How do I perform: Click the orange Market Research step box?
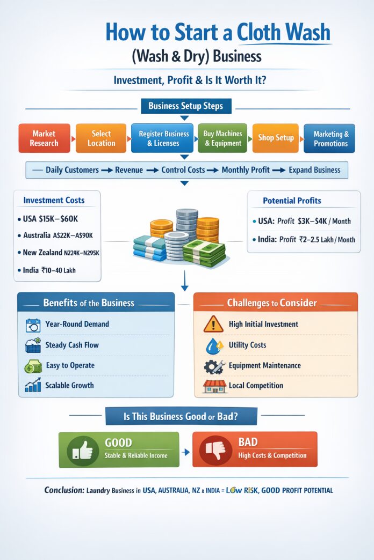click(x=45, y=138)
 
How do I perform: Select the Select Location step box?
click(x=101, y=138)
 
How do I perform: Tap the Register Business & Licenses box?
click(x=162, y=138)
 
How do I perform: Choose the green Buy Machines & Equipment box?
click(x=222, y=138)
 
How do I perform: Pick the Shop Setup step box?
click(x=276, y=138)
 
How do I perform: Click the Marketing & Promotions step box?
click(x=330, y=138)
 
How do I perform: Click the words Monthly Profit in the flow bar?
click(x=246, y=170)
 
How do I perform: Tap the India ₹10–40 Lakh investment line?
click(x=50, y=270)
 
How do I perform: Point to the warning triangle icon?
click(x=213, y=324)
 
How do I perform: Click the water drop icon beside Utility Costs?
click(x=213, y=345)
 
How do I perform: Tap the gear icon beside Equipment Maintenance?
click(x=213, y=366)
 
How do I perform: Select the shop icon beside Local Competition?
click(x=213, y=386)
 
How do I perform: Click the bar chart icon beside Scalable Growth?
click(x=33, y=386)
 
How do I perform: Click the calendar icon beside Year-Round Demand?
click(x=33, y=325)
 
